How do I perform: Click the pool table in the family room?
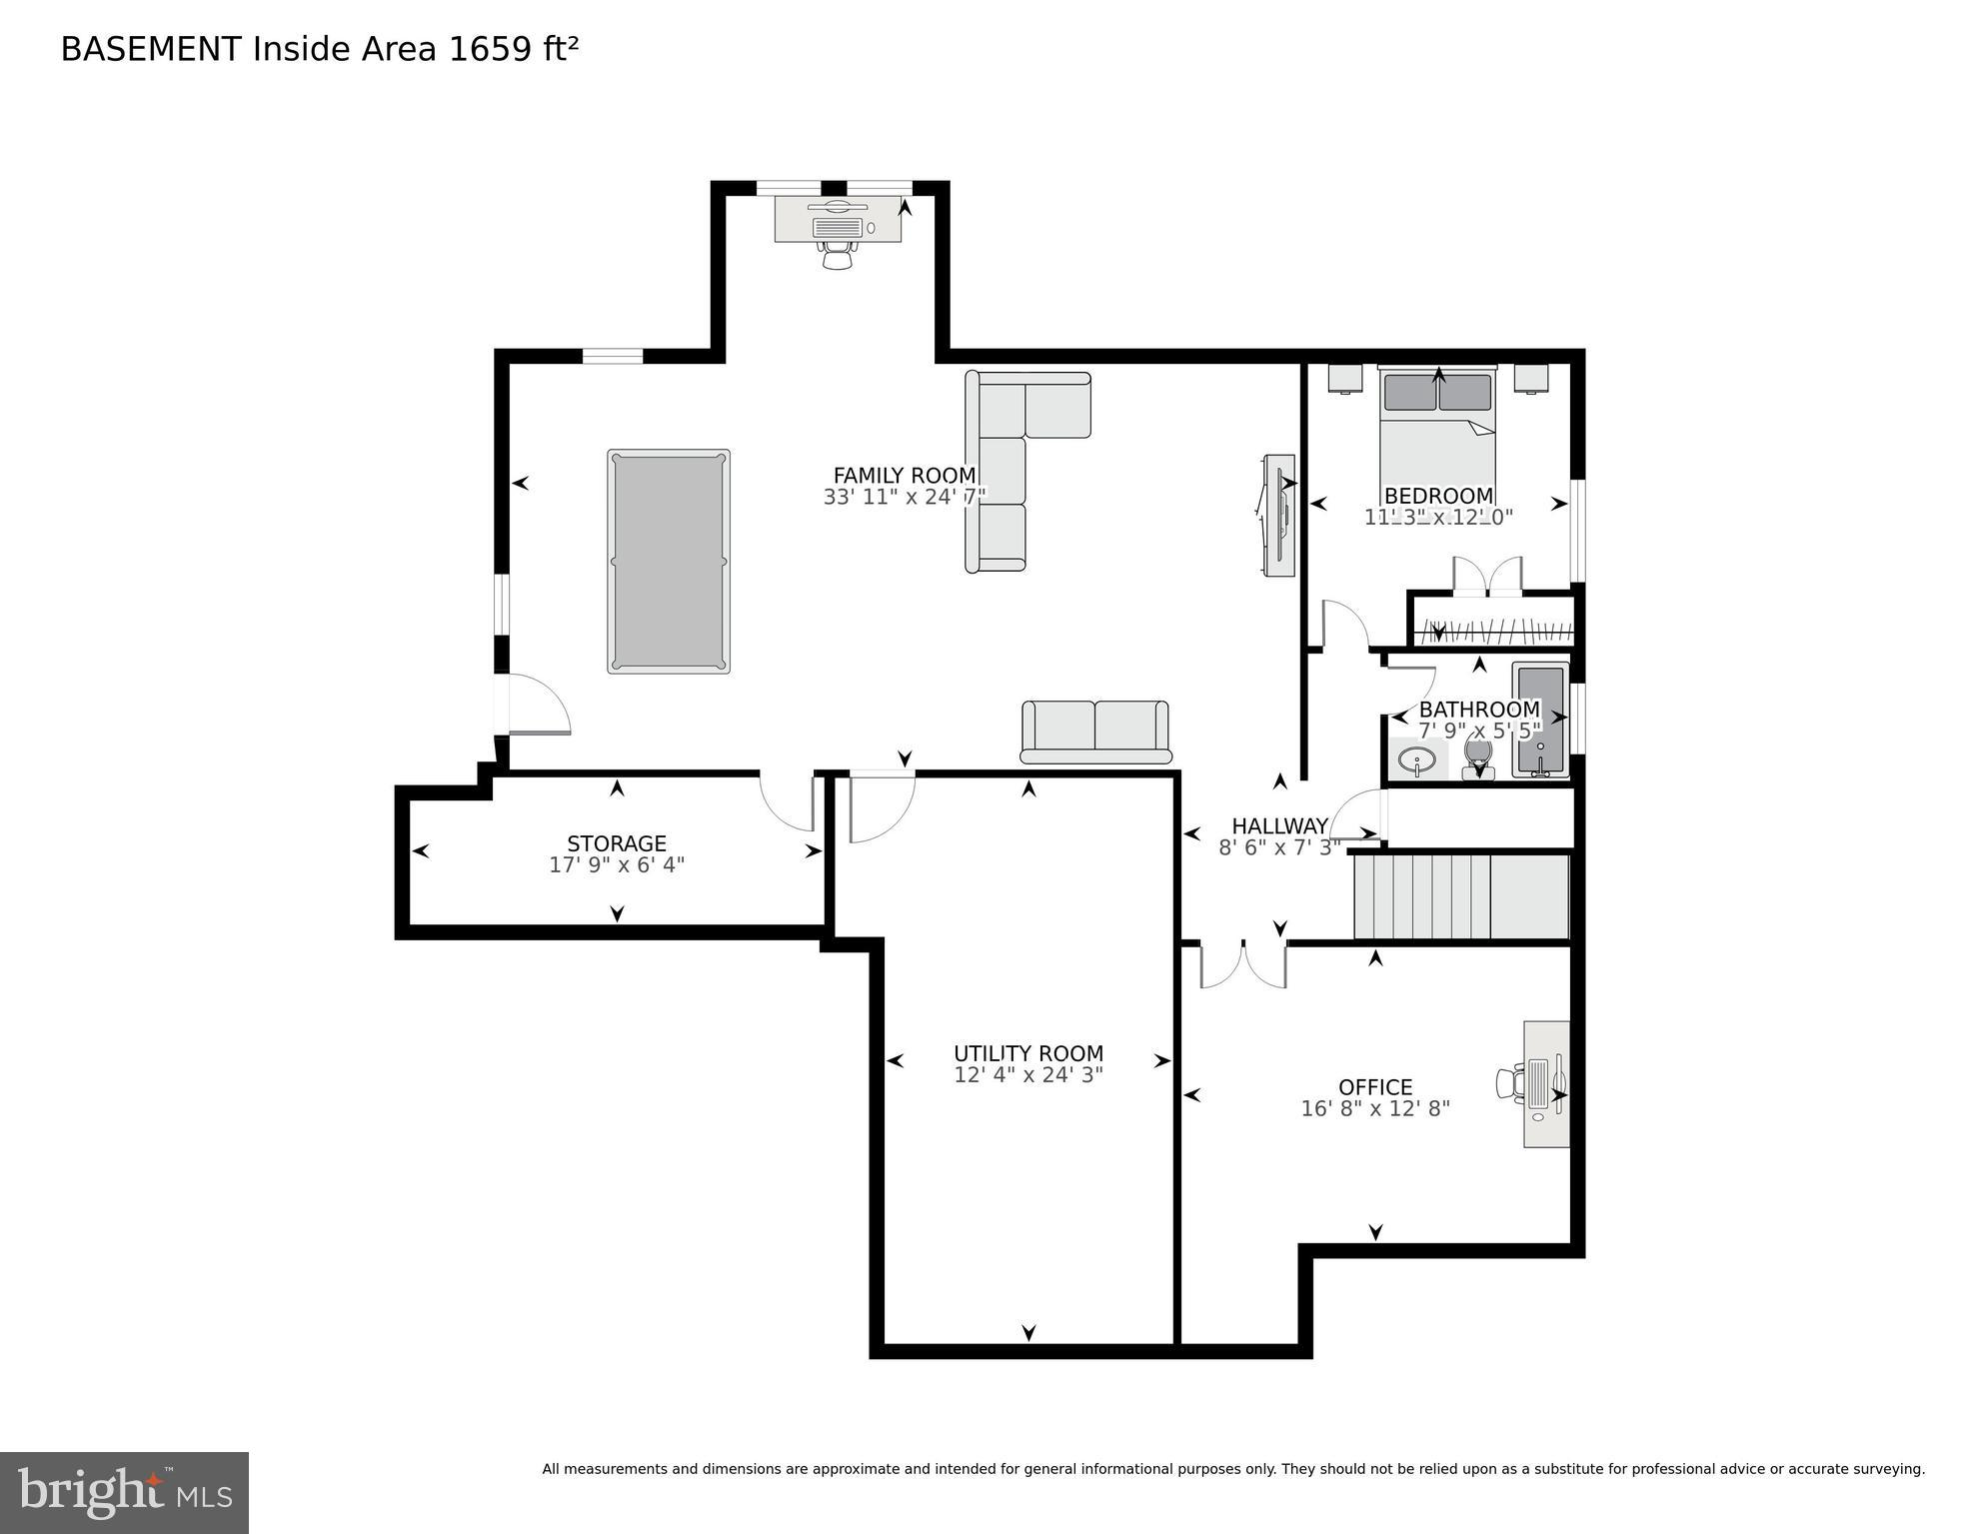tap(668, 562)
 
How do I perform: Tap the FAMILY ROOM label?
tap(904, 476)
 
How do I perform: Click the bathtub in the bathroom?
tap(1539, 720)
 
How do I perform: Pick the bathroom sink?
tap(1416, 762)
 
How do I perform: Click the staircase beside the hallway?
tap(1459, 896)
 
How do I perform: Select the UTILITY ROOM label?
tap(1027, 1053)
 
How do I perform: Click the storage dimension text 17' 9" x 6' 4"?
tap(616, 865)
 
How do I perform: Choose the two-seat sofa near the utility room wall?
tap(1094, 730)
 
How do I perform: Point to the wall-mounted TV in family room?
tap(1277, 515)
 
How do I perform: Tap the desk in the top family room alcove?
tap(838, 221)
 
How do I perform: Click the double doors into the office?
tap(1242, 964)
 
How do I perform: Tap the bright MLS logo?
tap(124, 1492)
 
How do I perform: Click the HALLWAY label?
tap(1278, 826)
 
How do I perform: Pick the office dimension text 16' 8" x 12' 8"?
tap(1374, 1108)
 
